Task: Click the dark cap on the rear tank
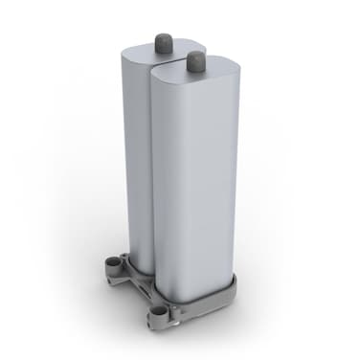(163, 40)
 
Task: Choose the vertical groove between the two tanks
(148, 172)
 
